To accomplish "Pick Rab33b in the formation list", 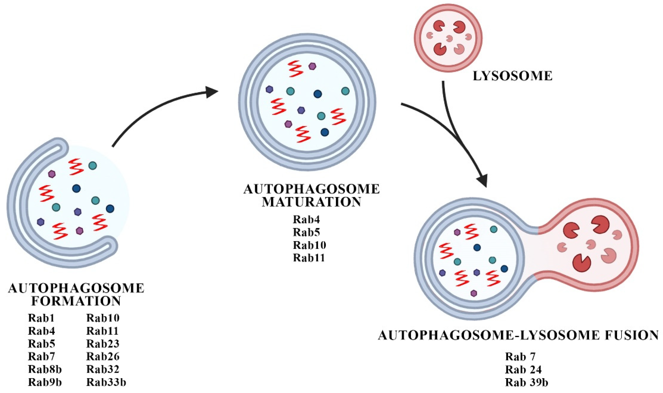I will point(106,382).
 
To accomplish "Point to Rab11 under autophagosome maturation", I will point(309,258).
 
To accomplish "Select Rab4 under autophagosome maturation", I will point(306,219).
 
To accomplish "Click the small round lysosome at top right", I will point(448,38).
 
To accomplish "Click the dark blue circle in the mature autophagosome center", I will point(317,94).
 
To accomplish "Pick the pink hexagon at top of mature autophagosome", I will point(313,66).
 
